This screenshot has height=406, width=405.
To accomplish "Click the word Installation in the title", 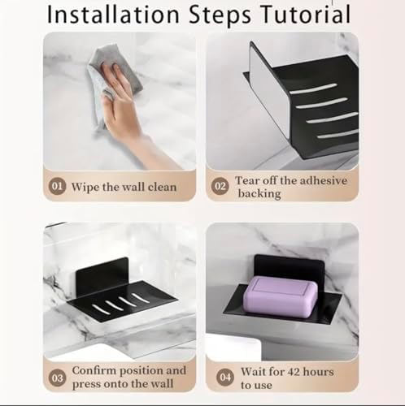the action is point(113,15).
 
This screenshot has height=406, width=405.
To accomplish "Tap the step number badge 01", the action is point(57,186).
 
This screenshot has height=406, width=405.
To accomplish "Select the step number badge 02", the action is point(220,186).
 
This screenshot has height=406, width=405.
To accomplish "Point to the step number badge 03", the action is point(57,378).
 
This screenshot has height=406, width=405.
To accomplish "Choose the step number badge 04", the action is point(225,377).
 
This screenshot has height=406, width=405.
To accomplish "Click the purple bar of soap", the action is point(281,296).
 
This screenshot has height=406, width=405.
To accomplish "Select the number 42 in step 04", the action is point(292,372).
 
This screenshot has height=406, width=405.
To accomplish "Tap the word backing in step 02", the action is point(259,194).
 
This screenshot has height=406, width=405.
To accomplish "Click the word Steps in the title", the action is point(220,15).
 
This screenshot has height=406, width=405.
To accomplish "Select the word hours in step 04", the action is point(319,372).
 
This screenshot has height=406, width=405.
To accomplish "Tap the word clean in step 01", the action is point(162,187).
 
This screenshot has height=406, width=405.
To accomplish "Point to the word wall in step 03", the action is point(162,384).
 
